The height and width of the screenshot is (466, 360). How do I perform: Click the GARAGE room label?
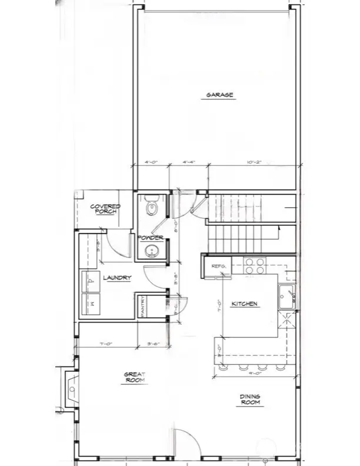pos(219,95)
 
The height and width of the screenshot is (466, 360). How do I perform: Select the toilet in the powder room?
pos(151,207)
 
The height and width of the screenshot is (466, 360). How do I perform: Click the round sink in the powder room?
pos(152,251)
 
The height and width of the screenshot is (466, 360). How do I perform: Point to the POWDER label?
pos(151,238)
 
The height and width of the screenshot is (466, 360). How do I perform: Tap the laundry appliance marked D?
pos(91,281)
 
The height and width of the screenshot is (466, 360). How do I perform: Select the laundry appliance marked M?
pos(91,304)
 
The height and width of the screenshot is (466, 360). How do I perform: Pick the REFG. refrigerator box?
pos(218,267)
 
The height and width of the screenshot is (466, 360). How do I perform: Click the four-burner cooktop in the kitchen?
pos(254,266)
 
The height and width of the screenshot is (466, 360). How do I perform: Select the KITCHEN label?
pos(244,304)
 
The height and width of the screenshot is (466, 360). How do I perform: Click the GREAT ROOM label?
pos(134,377)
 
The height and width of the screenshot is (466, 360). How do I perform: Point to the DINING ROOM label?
pos(249,400)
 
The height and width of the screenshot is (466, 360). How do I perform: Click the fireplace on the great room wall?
pos(71,389)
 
